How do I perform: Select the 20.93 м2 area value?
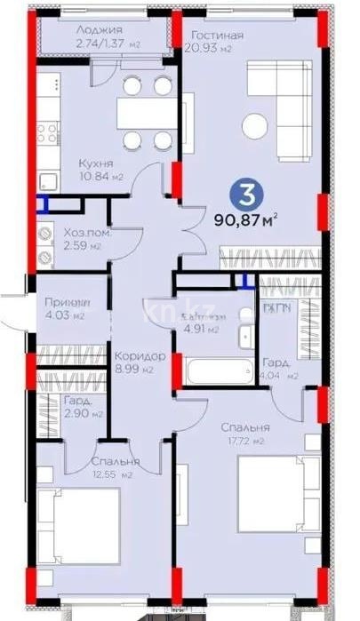(x=211, y=49)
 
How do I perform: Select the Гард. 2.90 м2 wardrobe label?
(x=83, y=407)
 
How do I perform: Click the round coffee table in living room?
(x=258, y=123)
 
